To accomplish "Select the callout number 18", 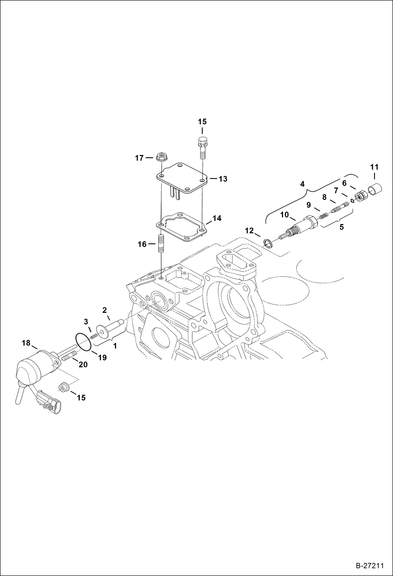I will pyautogui.click(x=26, y=343).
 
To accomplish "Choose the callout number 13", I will pyautogui.click(x=223, y=179).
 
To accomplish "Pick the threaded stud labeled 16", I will pyautogui.click(x=161, y=243).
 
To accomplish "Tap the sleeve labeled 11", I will pyautogui.click(x=375, y=189).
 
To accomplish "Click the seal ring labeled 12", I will pyautogui.click(x=268, y=243).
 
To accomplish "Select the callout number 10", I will pyautogui.click(x=284, y=215).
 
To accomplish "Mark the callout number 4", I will pyautogui.click(x=302, y=184).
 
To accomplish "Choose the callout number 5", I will pyautogui.click(x=341, y=227).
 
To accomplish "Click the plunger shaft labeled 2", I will pyautogui.click(x=110, y=327).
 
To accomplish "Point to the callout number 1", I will pyautogui.click(x=115, y=346).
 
